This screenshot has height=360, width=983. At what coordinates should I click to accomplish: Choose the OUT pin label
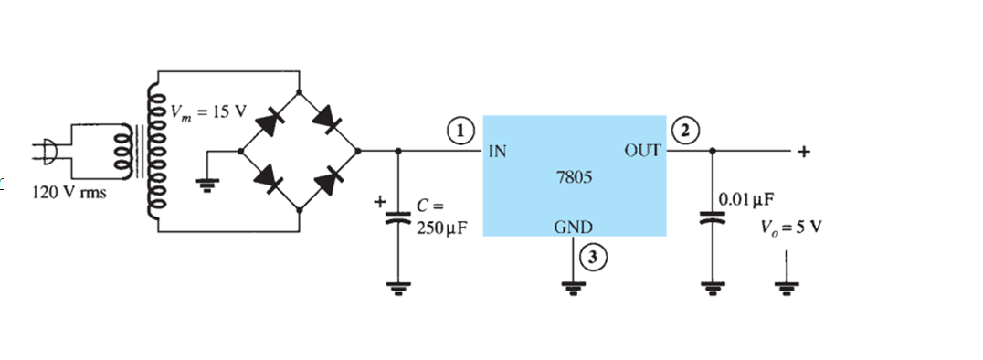642,150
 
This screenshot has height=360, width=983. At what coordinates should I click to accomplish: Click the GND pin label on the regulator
573,227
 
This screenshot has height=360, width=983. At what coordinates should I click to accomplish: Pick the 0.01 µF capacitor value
747,198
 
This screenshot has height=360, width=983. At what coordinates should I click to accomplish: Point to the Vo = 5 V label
785,227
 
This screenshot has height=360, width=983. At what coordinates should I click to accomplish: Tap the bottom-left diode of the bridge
269,181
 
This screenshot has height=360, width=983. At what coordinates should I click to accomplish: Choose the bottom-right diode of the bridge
325,181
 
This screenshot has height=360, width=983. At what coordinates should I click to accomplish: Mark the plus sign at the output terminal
803,153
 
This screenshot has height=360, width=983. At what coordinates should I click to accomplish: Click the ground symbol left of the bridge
208,184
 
